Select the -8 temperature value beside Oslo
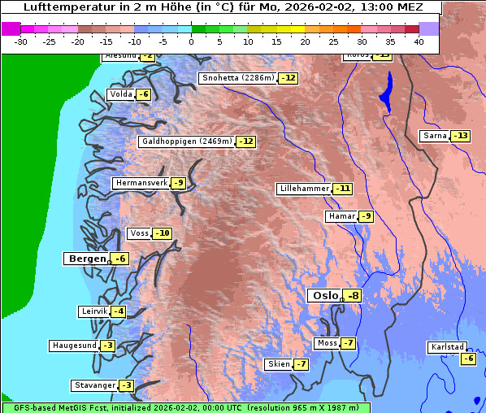click(x=352, y=296)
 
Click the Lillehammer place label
click(x=304, y=189)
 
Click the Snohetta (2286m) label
click(x=237, y=78)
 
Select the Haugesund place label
click(x=75, y=346)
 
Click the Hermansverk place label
click(x=141, y=183)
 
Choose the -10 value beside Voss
click(x=163, y=234)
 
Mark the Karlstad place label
click(x=447, y=347)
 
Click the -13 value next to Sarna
click(x=460, y=136)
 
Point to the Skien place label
click(x=278, y=364)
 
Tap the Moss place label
click(x=327, y=343)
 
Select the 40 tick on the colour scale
click(x=419, y=41)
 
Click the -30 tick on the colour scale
click(x=21, y=41)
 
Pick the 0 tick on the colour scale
click(x=191, y=41)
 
